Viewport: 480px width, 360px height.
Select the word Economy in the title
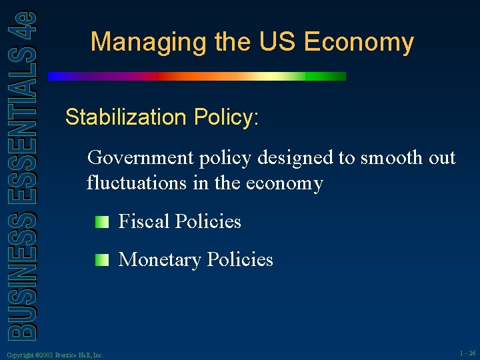(359, 43)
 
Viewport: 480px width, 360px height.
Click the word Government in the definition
(139, 158)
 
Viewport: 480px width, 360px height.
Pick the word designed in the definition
(288, 158)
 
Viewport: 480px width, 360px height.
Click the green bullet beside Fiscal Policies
(101, 221)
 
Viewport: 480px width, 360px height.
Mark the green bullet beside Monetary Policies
(101, 259)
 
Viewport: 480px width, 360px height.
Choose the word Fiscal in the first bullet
(143, 221)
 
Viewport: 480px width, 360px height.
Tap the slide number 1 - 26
(467, 353)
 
